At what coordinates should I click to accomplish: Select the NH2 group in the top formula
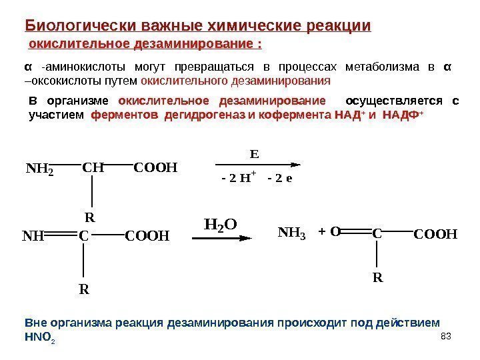(38, 170)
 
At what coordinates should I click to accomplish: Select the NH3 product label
(290, 234)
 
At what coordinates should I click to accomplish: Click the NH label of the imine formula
(33, 235)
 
